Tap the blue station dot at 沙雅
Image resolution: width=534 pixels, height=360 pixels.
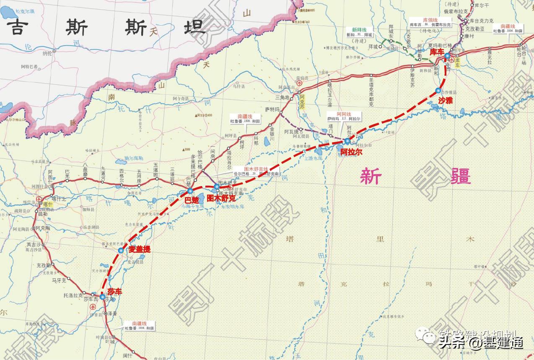point(438,90)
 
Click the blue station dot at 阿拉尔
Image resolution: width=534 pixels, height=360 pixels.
point(347,141)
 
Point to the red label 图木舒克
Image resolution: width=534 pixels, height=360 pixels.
point(221,198)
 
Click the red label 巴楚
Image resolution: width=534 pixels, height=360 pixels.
point(192,200)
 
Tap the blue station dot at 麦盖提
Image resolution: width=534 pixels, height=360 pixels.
point(121,250)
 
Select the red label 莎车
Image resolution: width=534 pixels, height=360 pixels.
point(114,291)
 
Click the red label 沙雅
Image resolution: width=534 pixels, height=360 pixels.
point(446,100)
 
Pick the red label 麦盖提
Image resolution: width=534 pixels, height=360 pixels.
point(139,249)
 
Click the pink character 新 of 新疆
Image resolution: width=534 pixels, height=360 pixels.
point(371,176)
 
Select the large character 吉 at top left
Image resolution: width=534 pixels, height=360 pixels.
point(17,28)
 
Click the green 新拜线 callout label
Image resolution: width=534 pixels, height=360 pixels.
point(359,32)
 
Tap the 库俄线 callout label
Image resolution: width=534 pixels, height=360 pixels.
point(429,22)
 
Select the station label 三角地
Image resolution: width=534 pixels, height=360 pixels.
point(283,97)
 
